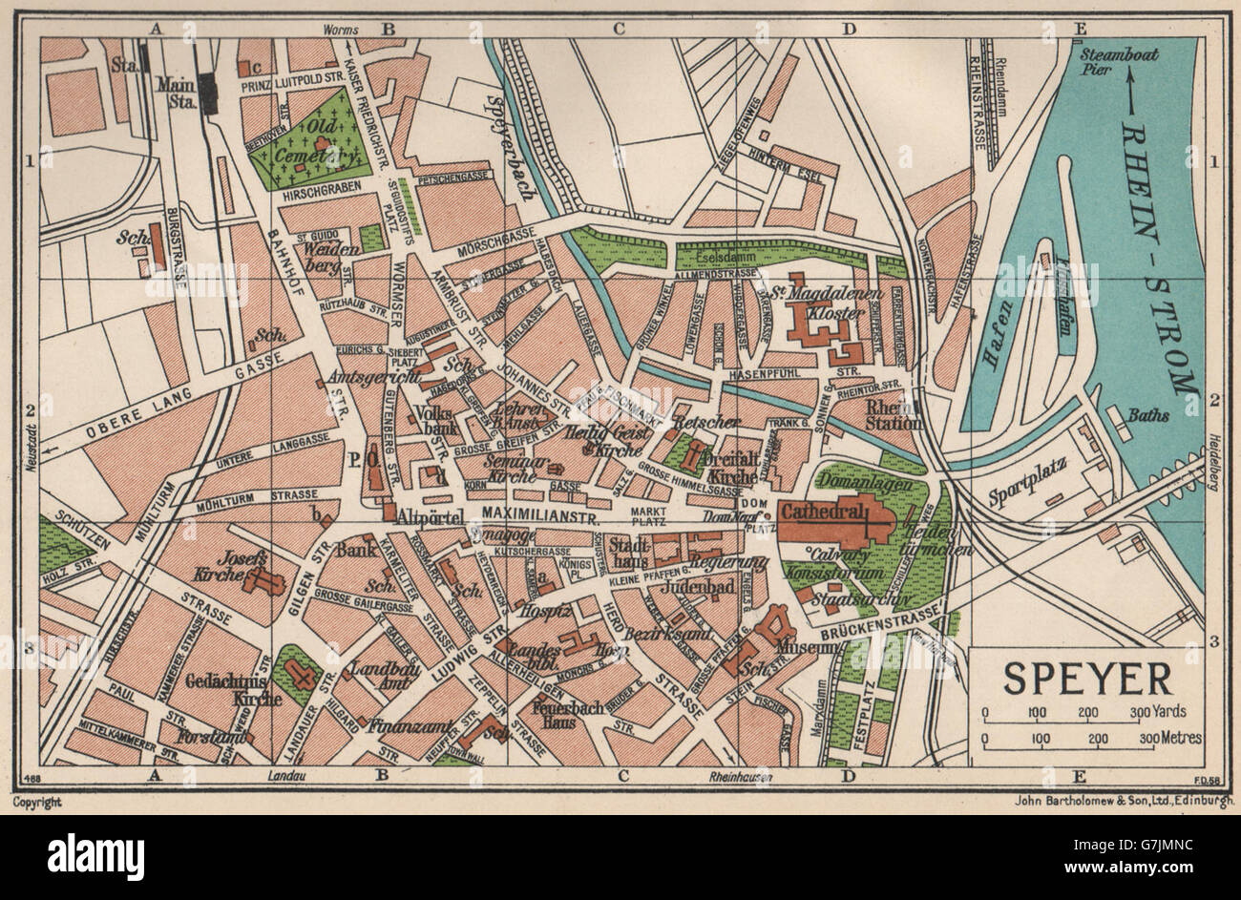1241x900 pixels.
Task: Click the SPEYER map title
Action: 1087,678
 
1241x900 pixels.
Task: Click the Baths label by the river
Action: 1148,415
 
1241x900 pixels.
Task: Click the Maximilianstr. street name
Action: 536,516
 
